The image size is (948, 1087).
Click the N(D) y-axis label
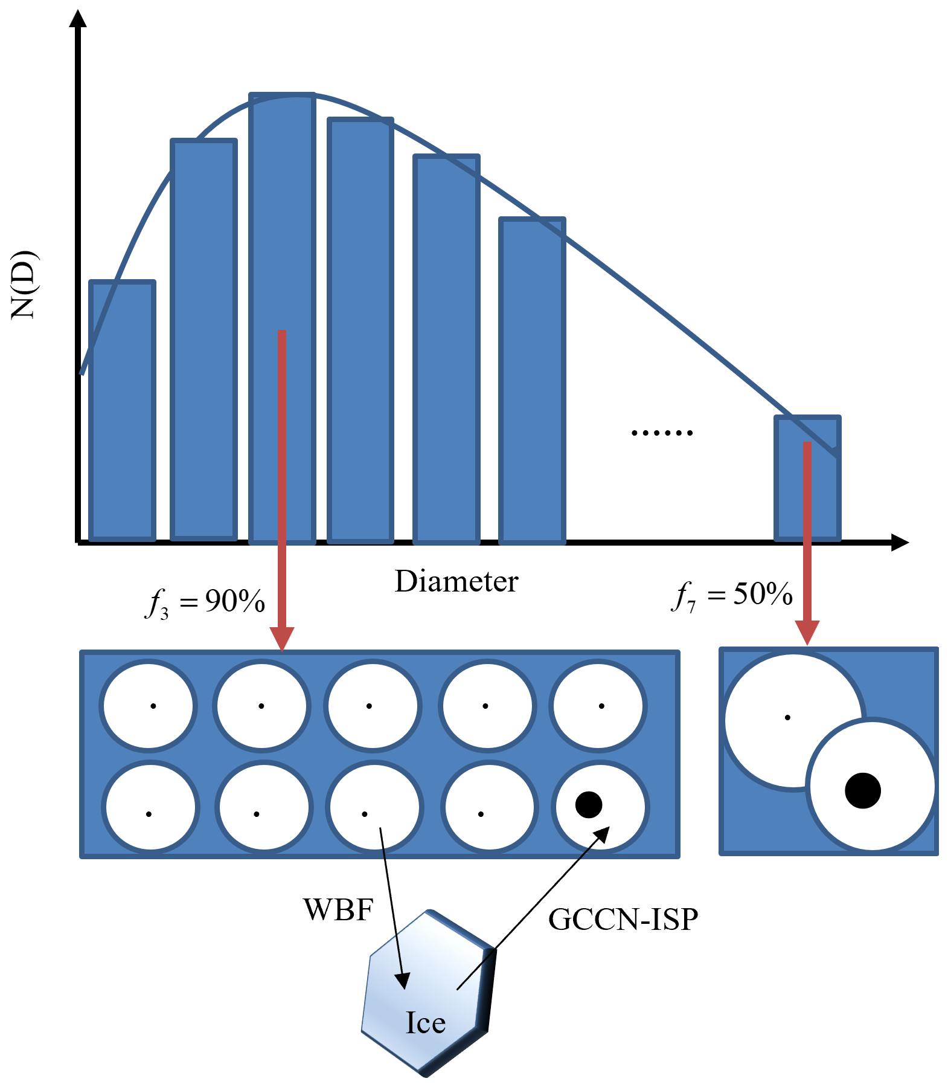tap(25, 284)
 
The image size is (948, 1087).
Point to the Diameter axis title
tap(456, 581)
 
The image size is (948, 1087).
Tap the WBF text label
tap(338, 909)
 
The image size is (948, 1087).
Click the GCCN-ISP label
tap(623, 919)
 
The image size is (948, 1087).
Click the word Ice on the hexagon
tap(426, 1023)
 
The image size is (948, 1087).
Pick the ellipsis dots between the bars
tap(662, 433)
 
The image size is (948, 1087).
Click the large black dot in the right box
tap(863, 790)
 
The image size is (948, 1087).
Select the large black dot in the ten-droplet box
tap(589, 804)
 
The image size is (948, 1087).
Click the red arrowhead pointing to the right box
tap(807, 632)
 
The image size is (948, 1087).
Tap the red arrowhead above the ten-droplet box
tap(282, 638)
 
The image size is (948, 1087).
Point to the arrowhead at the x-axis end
tap(900, 543)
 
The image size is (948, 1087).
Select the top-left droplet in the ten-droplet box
tap(149, 706)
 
